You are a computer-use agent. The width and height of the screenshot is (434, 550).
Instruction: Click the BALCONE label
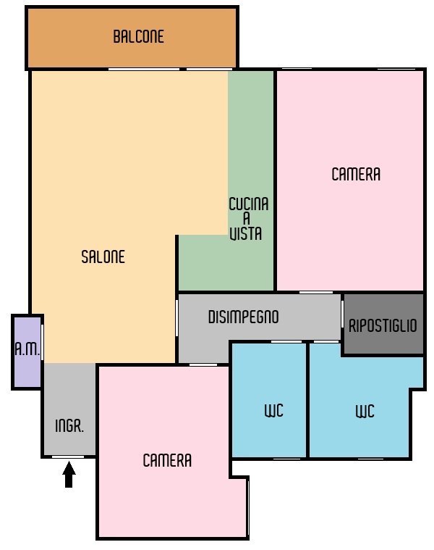pos(138,36)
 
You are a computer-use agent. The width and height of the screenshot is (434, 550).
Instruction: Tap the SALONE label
pos(103,257)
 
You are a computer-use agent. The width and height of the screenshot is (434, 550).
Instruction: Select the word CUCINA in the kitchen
pos(249,204)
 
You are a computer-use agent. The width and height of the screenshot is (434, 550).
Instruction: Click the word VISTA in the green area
pos(246,233)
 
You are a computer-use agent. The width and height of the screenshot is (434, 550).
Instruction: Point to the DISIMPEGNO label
pos(243,317)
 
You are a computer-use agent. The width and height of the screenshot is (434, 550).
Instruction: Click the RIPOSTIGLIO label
pos(383,326)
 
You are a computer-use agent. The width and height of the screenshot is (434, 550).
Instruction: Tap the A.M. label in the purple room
pos(27,349)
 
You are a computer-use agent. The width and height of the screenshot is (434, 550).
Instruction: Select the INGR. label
pos(69,426)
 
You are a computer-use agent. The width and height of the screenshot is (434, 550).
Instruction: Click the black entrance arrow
pos(69,474)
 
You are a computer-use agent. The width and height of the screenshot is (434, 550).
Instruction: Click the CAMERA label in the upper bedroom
pos(356,175)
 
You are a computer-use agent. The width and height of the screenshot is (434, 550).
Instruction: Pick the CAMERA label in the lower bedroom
pos(167,461)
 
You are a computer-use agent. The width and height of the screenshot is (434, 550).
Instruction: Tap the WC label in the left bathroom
pos(273,411)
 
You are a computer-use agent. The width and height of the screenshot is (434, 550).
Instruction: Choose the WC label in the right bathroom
pos(365,412)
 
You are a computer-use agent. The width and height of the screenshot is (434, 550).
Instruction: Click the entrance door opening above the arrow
pos(68,457)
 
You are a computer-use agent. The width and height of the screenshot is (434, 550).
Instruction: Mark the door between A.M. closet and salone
pos(43,342)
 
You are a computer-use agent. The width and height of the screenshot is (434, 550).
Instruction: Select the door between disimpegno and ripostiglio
pos(342,314)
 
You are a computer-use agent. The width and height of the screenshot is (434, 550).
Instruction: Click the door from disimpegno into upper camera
pos(315,292)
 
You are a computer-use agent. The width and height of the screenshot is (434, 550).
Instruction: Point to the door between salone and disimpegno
pos(176,318)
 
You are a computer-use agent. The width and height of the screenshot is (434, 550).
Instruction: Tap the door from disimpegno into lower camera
pos(203,364)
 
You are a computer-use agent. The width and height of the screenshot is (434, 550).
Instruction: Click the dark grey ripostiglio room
pos(383,324)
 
